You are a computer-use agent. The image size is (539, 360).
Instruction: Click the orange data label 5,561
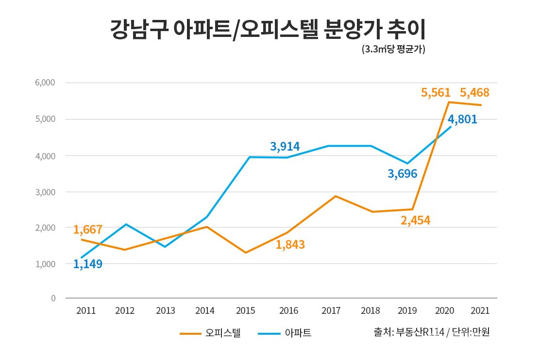click(x=436, y=92)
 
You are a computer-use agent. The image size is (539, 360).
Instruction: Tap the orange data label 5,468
click(x=474, y=92)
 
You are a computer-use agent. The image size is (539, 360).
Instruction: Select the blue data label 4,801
click(x=462, y=119)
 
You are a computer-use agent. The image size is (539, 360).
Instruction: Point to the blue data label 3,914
click(x=285, y=146)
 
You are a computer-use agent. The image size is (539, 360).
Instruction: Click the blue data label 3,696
click(x=402, y=173)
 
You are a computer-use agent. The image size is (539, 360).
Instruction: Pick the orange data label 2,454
click(x=415, y=220)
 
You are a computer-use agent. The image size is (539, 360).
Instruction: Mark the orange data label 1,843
click(x=290, y=245)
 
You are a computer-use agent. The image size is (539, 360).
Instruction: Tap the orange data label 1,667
click(x=88, y=229)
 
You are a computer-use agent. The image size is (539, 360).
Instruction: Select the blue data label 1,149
click(x=88, y=264)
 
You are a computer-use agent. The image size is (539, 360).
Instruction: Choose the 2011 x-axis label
click(x=86, y=310)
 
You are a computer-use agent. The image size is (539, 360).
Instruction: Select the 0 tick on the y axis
click(x=53, y=298)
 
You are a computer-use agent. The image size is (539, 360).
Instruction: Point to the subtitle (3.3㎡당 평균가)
click(x=393, y=50)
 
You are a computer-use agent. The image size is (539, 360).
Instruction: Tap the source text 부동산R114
click(x=420, y=332)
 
